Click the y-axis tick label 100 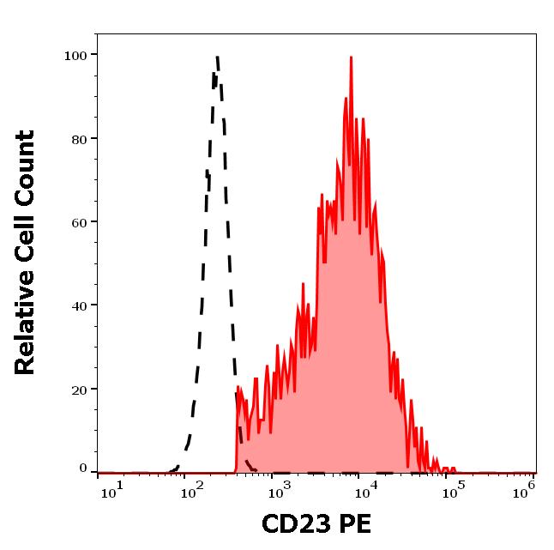point(75,56)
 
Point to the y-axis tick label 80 point(78,139)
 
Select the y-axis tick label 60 point(78,222)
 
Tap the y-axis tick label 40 point(78,305)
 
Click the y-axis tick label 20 point(78,389)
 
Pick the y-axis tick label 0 point(83,468)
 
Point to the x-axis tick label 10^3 point(280,489)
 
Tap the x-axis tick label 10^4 point(366,489)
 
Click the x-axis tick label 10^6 point(526,489)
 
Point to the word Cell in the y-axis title point(26,244)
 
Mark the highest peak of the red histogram point(351,58)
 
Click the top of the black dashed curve point(217,57)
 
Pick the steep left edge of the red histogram point(236,429)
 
